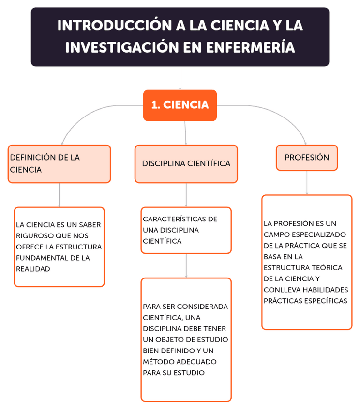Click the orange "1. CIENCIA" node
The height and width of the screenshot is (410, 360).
click(180, 105)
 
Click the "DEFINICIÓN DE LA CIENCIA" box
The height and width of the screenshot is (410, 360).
click(59, 163)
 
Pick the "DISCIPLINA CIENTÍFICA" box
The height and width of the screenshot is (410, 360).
click(186, 163)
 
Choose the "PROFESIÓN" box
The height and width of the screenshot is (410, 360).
click(307, 158)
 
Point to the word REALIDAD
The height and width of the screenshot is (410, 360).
click(33, 269)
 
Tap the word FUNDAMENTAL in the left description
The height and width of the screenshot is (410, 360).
click(40, 258)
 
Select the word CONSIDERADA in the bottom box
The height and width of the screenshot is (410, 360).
click(203, 307)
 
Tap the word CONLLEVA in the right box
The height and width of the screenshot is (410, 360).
click(281, 290)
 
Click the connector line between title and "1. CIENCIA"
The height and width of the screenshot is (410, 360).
click(180, 78)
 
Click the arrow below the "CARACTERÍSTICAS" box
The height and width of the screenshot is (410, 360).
click(186, 265)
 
